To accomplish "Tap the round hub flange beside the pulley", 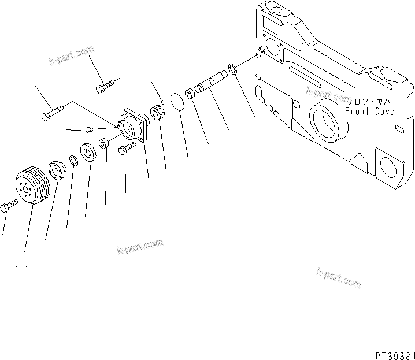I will click(x=58, y=170).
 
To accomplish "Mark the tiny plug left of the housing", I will click(x=89, y=129).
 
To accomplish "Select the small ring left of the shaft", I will click(x=190, y=93).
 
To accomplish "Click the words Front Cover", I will click(x=371, y=112).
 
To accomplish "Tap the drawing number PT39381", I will click(x=391, y=353).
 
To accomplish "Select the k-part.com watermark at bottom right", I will click(x=339, y=277).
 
